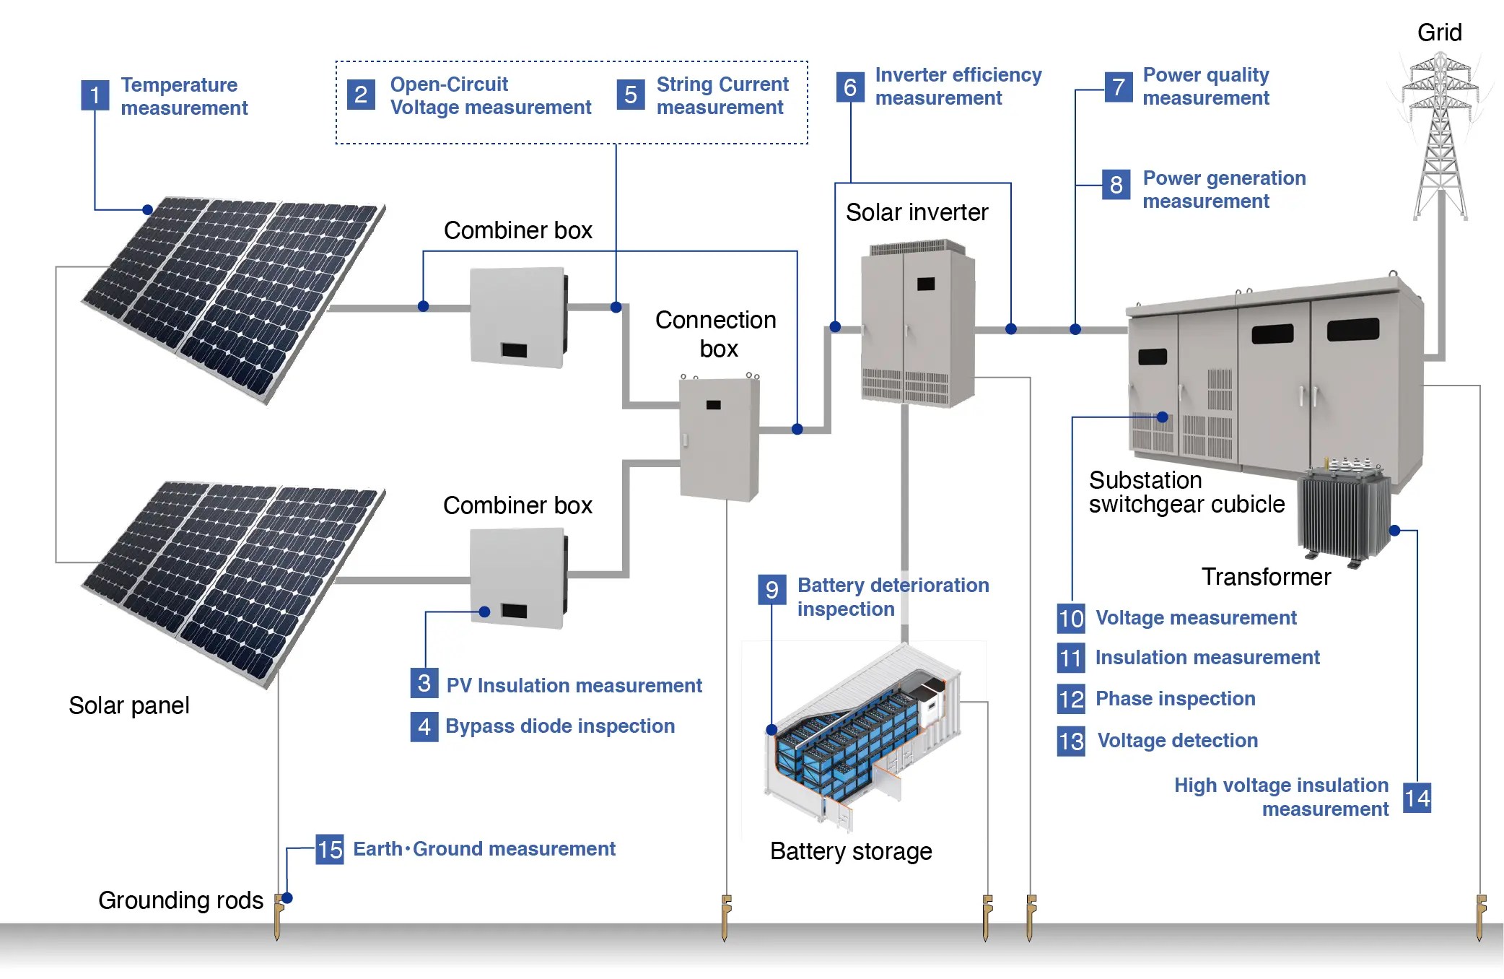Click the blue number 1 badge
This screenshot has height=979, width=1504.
(x=95, y=95)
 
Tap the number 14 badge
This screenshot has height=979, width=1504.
(x=1417, y=798)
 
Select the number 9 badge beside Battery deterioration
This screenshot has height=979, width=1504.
(x=771, y=589)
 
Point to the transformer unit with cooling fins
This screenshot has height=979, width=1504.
(x=1344, y=512)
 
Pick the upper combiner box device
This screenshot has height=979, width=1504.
(x=517, y=317)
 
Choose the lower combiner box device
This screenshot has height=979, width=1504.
(x=517, y=578)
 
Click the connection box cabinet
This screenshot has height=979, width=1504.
(x=719, y=438)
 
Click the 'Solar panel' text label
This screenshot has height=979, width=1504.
(x=128, y=705)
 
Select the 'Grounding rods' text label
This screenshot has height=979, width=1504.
(x=180, y=900)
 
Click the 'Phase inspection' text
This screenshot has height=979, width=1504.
(x=1175, y=699)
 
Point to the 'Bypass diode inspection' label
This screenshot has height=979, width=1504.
(x=559, y=726)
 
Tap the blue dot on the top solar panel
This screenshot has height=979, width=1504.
(x=147, y=210)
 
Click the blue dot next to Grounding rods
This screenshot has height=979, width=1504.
(x=287, y=898)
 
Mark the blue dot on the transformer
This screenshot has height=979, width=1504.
(x=1394, y=531)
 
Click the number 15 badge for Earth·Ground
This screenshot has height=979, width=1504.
(x=330, y=850)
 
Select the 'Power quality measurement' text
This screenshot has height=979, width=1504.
(x=1205, y=87)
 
